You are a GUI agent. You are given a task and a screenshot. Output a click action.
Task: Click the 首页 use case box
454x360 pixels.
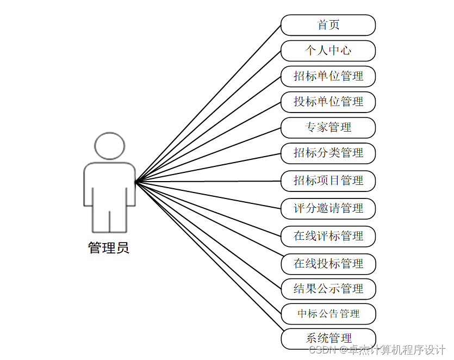328,25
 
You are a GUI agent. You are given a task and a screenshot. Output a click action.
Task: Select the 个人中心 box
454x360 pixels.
328,51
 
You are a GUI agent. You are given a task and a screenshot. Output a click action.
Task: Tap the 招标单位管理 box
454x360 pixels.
328,76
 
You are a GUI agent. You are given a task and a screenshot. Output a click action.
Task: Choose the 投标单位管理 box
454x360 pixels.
328,102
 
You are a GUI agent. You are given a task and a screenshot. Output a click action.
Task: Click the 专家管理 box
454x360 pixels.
328,127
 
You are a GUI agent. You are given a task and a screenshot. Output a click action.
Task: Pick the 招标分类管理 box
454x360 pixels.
328,153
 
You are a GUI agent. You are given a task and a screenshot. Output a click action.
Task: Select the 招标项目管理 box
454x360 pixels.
328,181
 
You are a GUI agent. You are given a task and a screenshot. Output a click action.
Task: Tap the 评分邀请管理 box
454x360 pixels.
328,208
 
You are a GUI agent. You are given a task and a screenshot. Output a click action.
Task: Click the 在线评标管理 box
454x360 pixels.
328,236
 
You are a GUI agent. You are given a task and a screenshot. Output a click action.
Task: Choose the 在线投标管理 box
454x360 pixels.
328,264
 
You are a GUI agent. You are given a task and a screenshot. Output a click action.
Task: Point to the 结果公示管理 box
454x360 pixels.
328,289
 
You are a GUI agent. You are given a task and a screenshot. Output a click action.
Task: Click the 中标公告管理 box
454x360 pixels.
328,314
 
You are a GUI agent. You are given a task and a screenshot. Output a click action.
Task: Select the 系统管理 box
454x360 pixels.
328,338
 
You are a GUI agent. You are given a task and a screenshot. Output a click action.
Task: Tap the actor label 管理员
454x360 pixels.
109,249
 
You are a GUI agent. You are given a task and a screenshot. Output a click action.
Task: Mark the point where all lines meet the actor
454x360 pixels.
135,181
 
